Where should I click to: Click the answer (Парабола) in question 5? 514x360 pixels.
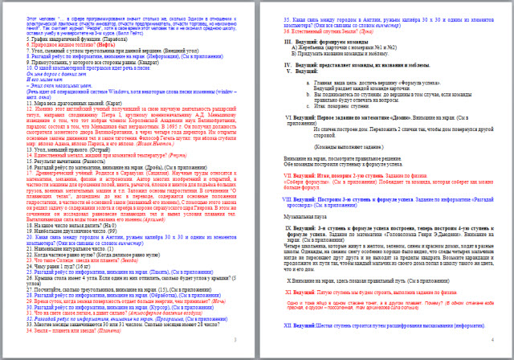pyautogui.click(x=104, y=36)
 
